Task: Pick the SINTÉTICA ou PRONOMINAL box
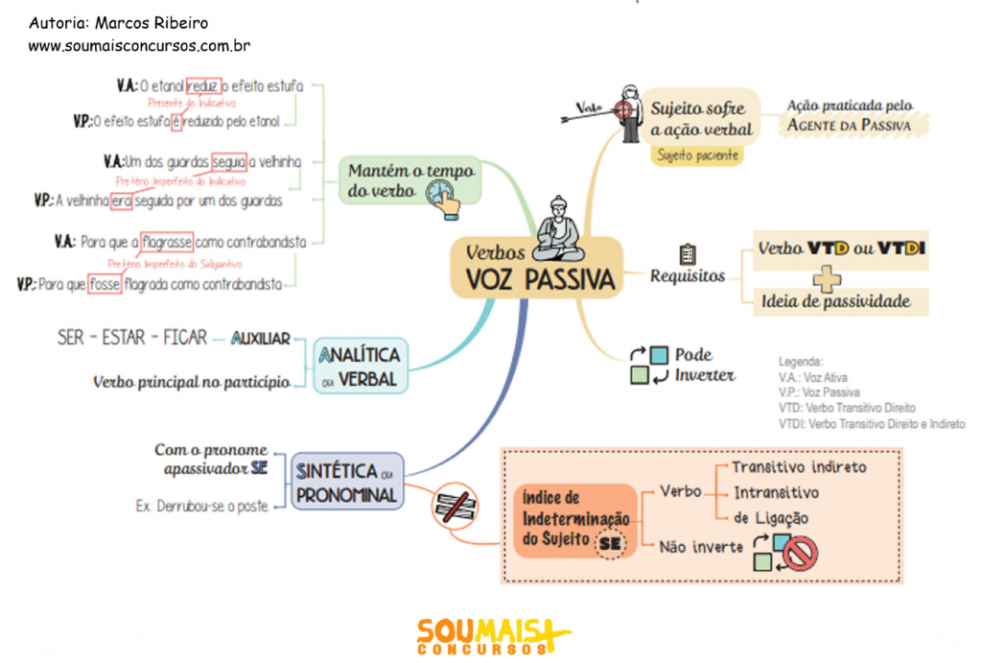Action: click(346, 483)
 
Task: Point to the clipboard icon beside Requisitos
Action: click(687, 254)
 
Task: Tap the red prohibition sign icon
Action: click(801, 553)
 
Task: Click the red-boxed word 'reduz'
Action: click(203, 85)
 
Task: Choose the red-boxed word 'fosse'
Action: click(105, 284)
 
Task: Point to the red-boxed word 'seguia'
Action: click(229, 161)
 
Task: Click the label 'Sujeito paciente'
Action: click(697, 154)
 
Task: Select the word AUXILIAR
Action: click(261, 339)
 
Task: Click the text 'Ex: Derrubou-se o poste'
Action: click(202, 506)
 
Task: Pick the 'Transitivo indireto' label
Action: click(799, 467)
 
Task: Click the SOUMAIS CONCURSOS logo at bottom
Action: click(492, 636)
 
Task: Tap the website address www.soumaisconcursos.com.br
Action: click(139, 45)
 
